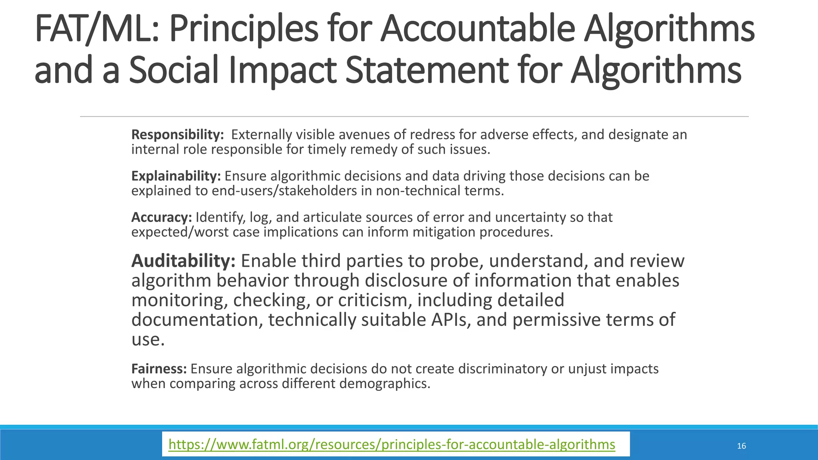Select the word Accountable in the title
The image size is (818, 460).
click(x=477, y=29)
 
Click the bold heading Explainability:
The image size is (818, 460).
click(x=176, y=176)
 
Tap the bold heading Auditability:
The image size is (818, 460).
click(x=183, y=261)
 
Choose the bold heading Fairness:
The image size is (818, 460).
click(x=159, y=369)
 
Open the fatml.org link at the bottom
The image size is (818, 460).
click(x=392, y=444)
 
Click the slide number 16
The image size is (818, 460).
click(x=741, y=446)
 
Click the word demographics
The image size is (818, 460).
click(x=385, y=384)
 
